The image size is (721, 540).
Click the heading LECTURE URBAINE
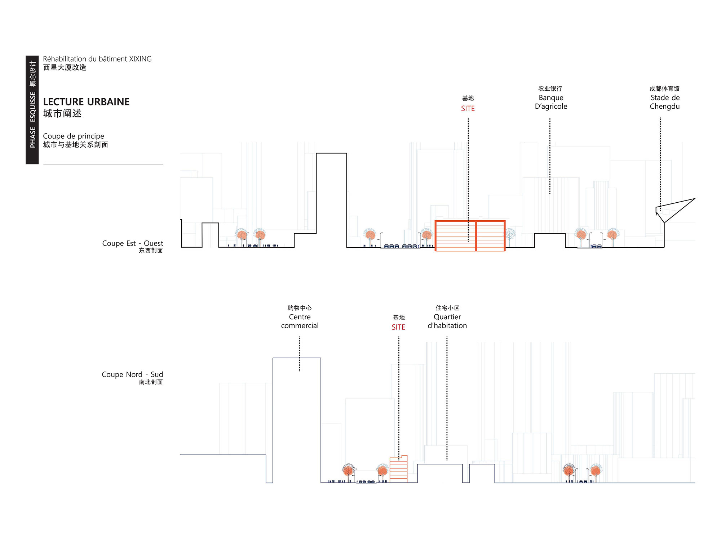coord(86,102)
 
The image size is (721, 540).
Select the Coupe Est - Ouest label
coord(132,243)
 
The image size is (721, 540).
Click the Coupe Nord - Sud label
coord(132,374)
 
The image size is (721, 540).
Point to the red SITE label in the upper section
coord(468,108)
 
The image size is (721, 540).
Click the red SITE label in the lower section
coord(398,327)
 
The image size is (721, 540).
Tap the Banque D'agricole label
coord(551,102)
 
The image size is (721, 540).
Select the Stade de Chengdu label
coord(665,102)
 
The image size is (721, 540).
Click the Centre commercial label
coord(300,321)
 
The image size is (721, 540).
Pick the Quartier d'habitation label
coord(447,321)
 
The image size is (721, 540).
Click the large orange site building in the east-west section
coord(470,236)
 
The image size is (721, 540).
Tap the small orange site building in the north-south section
coord(398,469)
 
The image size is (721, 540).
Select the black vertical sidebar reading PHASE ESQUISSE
coord(32,110)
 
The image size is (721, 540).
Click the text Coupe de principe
coord(74,136)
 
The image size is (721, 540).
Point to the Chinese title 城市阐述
coord(62,113)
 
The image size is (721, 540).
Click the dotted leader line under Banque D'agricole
coord(550,156)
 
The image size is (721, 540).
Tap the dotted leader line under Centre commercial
coord(299,354)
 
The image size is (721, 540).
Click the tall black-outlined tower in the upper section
coord(331,153)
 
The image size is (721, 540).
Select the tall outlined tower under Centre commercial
coord(297,358)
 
